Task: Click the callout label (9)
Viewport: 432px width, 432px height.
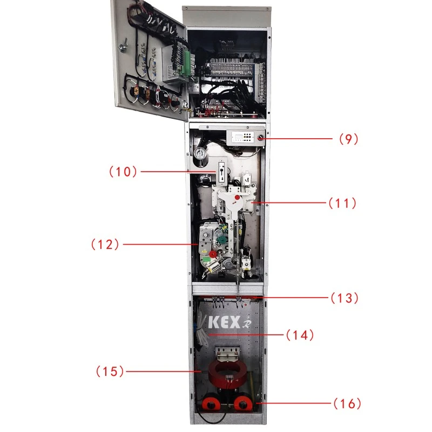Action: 349,138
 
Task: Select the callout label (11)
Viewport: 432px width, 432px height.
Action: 342,204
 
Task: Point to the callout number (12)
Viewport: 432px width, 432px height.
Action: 105,244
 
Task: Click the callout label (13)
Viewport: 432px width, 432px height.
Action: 344,298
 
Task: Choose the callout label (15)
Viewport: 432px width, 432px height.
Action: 110,371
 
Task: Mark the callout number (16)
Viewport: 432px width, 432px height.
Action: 346,403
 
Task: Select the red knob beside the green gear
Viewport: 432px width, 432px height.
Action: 213,254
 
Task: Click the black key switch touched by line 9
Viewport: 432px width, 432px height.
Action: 261,139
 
